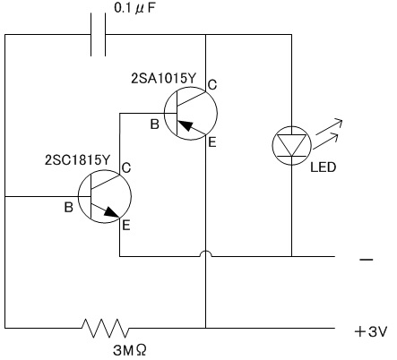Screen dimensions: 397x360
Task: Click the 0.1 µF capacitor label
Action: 134,8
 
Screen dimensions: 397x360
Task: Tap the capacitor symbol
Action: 99,34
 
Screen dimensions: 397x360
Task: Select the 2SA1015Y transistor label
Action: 164,78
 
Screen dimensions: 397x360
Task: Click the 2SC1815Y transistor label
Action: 77,160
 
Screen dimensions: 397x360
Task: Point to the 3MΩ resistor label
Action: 130,350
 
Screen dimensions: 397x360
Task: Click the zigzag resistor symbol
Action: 106,328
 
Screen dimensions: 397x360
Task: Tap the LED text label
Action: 324,167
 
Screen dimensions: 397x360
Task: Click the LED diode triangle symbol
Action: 292,145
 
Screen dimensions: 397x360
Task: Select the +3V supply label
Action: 371,331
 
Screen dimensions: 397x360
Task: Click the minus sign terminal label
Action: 367,260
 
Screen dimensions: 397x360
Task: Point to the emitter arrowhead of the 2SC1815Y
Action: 112,211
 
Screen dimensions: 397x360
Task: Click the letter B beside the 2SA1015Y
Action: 154,124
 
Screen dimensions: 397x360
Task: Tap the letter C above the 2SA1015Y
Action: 211,85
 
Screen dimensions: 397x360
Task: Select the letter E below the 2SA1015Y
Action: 211,142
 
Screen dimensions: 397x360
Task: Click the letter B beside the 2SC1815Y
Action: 68,207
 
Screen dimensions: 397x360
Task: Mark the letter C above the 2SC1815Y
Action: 126,167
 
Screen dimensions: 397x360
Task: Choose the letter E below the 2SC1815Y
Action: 126,225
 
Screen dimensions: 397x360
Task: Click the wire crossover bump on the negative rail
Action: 206,253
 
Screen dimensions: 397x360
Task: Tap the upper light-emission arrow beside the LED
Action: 329,126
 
